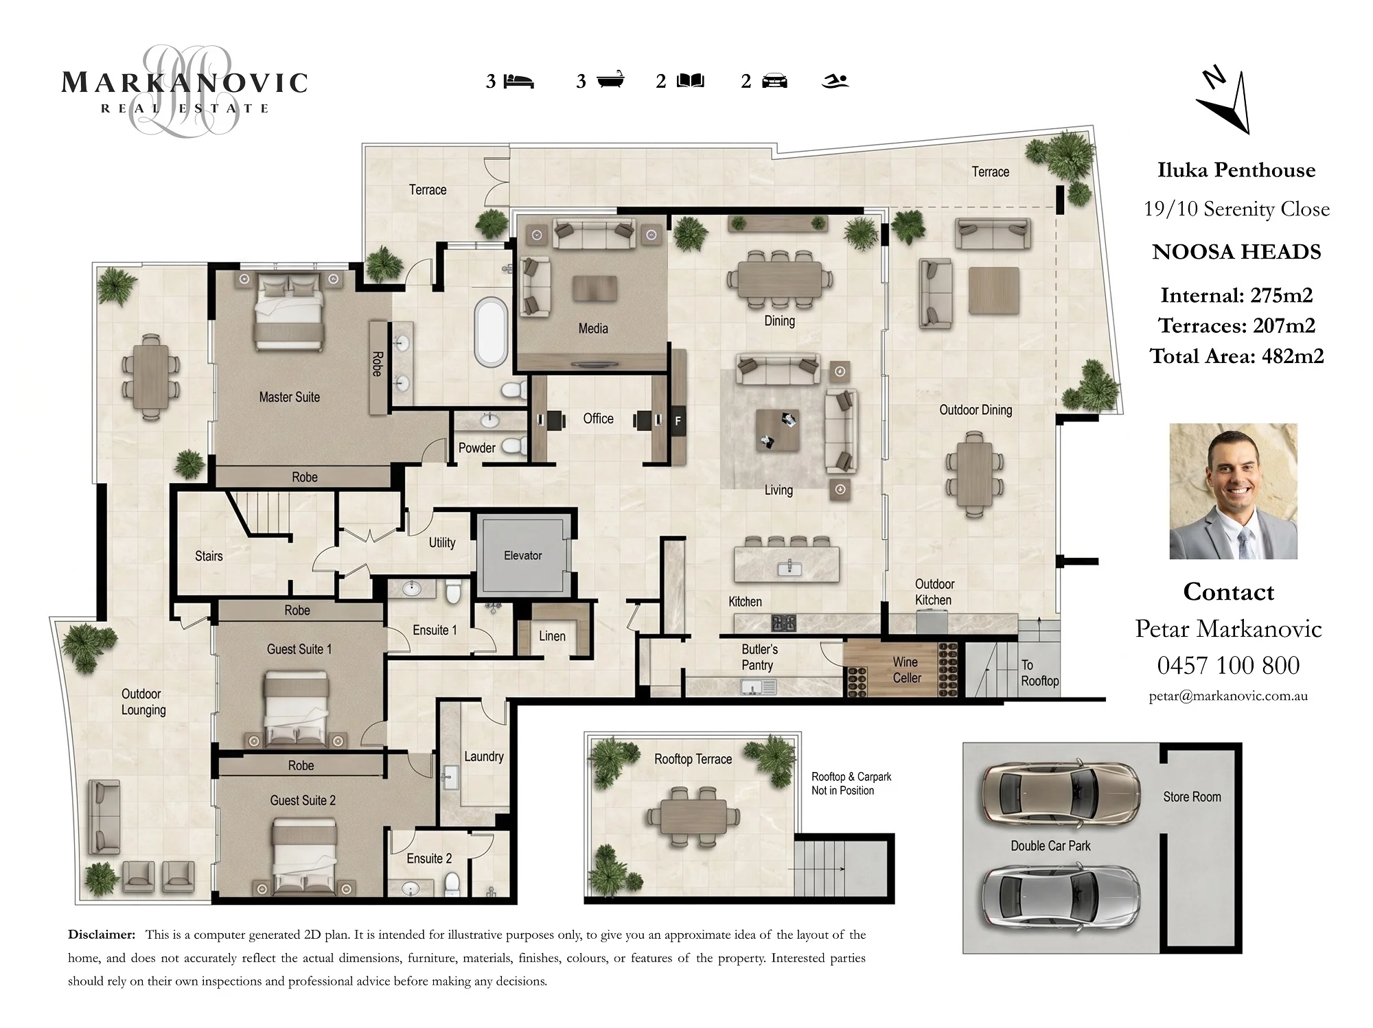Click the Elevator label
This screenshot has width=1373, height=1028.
point(523,555)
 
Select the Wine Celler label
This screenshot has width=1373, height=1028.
point(906,670)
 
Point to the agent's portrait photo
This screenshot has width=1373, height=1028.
point(1234,491)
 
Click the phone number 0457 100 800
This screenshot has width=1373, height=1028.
point(1228,665)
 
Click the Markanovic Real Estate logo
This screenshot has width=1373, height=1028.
point(185,90)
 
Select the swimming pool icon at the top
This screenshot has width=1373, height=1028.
point(835,82)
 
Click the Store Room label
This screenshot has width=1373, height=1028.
point(1192,797)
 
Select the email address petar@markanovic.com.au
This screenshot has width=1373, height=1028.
point(1228,696)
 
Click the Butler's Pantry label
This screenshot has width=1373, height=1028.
point(759,657)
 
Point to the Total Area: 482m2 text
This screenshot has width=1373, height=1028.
point(1236,356)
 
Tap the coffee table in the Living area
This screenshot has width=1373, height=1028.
point(778,430)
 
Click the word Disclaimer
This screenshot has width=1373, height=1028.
point(102,935)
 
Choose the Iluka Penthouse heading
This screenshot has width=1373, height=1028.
point(1236,170)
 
